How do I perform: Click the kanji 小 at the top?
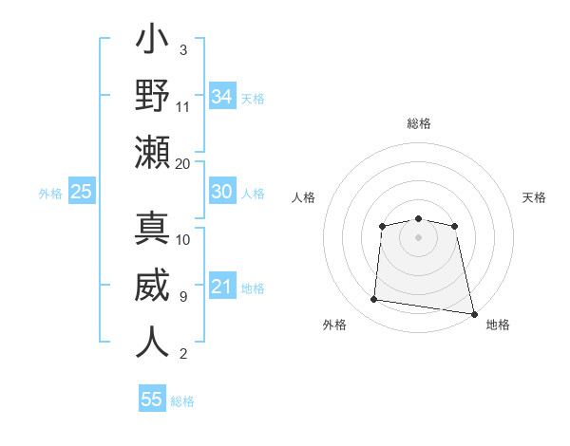point(153,43)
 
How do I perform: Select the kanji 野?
point(153,96)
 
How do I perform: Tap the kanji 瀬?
point(153,152)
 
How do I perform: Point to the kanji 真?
point(153,230)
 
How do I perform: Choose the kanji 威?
point(153,287)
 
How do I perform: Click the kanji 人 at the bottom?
point(153,342)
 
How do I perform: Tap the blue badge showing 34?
point(221,97)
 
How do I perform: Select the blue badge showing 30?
point(221,192)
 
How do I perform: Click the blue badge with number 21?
point(221,287)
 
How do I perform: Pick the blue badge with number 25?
point(82,192)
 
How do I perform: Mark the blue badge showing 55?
point(152,400)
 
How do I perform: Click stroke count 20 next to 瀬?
point(183,163)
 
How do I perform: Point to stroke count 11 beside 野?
point(183,106)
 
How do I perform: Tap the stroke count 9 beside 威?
point(183,297)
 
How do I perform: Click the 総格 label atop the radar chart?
point(419,123)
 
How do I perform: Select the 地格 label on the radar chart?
point(498,325)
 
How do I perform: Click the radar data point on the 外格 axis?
point(374,300)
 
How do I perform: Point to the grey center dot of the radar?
point(418,236)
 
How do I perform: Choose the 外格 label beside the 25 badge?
point(50,194)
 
